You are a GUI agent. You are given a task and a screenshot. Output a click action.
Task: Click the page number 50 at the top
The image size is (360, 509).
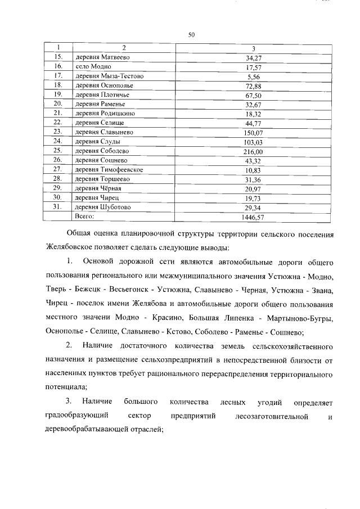click(191, 35)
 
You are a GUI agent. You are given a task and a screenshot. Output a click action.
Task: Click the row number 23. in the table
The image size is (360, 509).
click(57, 132)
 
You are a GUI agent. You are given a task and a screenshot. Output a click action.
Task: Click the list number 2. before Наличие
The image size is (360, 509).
click(69, 344)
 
